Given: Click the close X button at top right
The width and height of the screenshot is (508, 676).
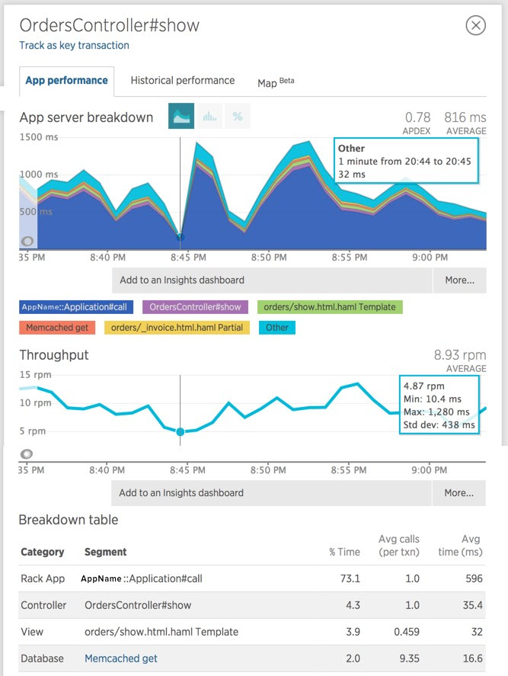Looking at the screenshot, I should pos(475,26).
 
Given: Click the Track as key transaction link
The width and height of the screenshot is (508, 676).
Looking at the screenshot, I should pos(74,45).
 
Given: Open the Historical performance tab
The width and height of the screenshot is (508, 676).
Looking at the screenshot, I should pos(182,80).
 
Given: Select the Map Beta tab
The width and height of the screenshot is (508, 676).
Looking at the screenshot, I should pos(275,82).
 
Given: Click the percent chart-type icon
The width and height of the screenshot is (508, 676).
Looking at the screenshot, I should pos(238,117).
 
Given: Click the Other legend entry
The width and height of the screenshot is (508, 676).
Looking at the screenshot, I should pos(276,328).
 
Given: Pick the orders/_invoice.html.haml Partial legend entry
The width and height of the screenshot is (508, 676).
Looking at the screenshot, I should pos(175,328).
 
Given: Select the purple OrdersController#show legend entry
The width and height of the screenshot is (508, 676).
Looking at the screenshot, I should pos(195,307).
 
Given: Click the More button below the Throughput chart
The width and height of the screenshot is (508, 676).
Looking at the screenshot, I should pos(459,492).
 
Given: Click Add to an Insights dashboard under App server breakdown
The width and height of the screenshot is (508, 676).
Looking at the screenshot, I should pos(181,280).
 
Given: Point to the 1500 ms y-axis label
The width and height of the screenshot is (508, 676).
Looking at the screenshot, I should pos(37,136).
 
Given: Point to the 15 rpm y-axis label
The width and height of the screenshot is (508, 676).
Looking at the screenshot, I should pos(35,374).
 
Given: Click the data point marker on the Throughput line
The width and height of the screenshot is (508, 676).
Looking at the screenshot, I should pos(181,431).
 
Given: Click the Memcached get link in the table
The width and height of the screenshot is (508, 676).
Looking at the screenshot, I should pos(121,658).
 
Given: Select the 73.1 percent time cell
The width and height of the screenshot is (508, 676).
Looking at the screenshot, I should pos(350,578).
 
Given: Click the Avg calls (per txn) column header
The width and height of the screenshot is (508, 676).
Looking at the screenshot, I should pos(398,546).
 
